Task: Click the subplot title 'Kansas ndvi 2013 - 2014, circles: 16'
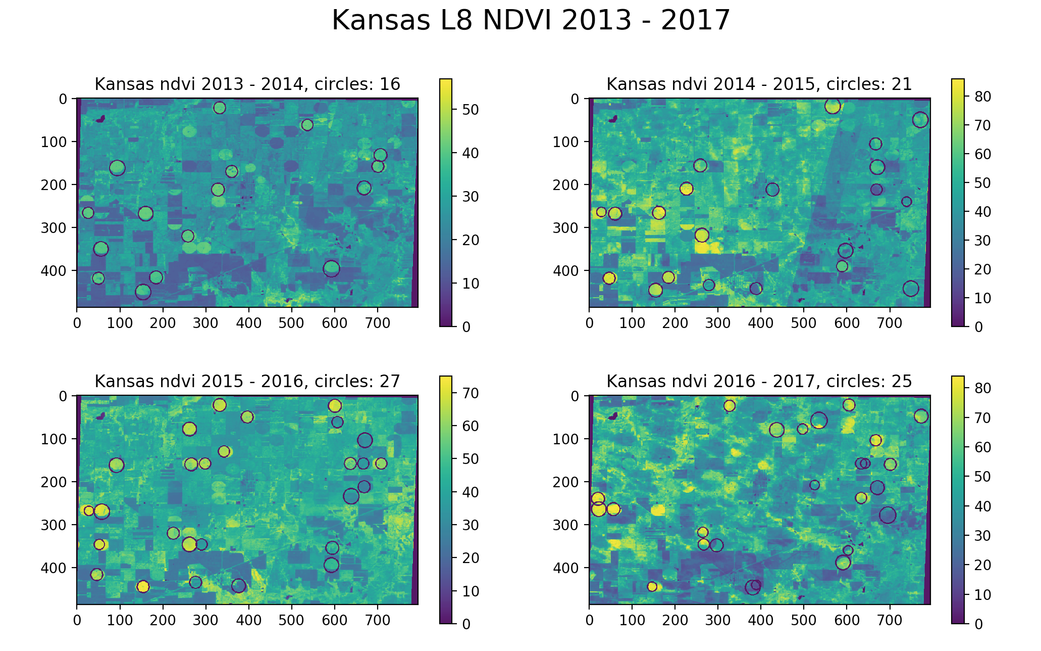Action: [247, 84]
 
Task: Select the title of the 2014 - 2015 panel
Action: [759, 84]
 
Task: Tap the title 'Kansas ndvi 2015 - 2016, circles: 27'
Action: [247, 382]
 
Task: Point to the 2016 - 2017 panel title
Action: [759, 382]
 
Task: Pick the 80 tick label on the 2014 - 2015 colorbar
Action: [982, 97]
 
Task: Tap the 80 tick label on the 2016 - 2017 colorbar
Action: [982, 388]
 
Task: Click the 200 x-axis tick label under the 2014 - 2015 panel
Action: [675, 323]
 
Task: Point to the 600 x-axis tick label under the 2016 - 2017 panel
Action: [847, 620]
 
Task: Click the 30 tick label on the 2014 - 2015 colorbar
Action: [982, 241]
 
